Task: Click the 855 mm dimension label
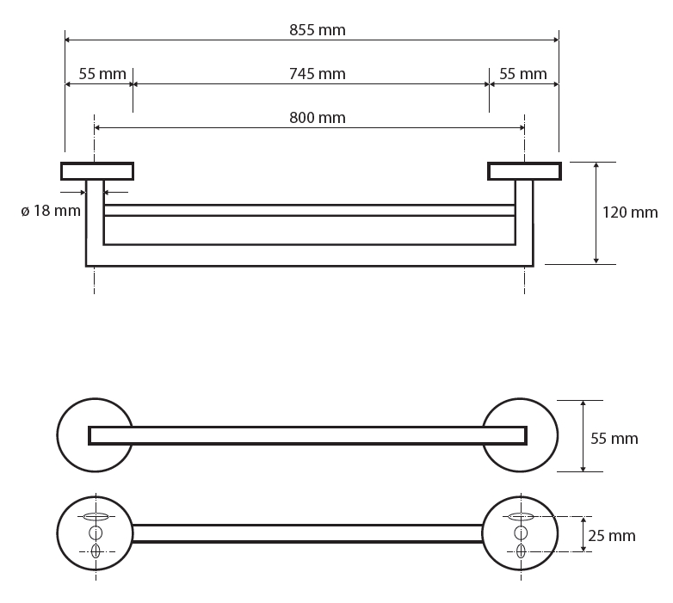(x=318, y=30)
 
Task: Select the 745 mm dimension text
(x=318, y=74)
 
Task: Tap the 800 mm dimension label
(x=318, y=118)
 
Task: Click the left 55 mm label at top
(x=102, y=74)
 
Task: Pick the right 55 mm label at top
(x=522, y=74)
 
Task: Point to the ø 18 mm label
(x=51, y=211)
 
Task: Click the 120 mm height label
(x=630, y=212)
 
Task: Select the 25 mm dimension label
(x=612, y=536)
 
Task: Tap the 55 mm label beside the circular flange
(x=614, y=439)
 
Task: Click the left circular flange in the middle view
(x=59, y=435)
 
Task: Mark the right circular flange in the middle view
(x=556, y=435)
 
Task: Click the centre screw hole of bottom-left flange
(x=96, y=533)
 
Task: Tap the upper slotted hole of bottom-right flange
(x=521, y=516)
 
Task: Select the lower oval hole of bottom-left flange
(x=96, y=551)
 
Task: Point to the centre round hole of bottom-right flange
(x=521, y=533)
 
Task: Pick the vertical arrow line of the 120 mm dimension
(x=596, y=213)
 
